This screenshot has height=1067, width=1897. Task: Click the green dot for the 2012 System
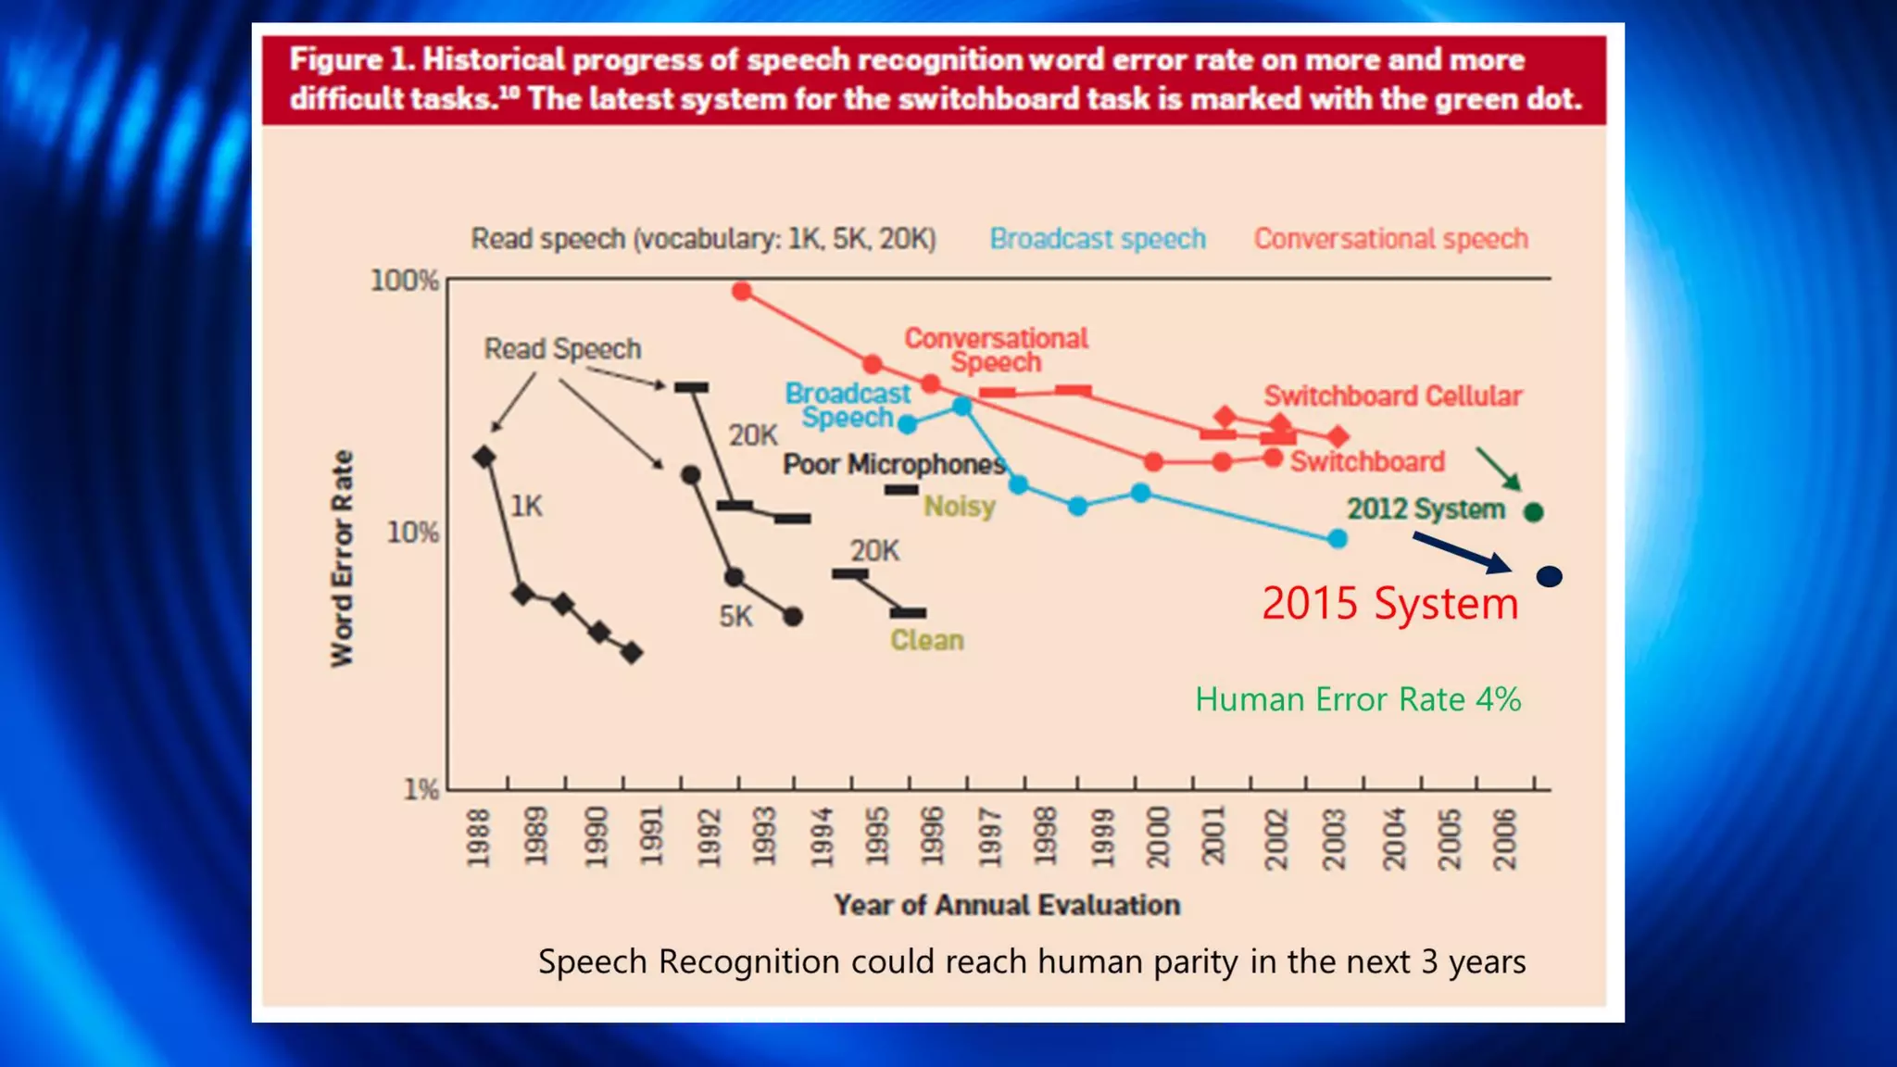tap(1533, 511)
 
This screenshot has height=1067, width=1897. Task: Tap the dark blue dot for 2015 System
tap(1549, 577)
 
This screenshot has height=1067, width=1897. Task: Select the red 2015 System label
tap(1389, 604)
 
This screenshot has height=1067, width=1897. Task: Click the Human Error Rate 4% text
tap(1358, 699)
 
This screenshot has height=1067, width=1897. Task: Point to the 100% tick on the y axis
tap(405, 280)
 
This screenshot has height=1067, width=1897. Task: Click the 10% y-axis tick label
tap(412, 533)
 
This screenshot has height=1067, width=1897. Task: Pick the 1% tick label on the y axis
tap(421, 789)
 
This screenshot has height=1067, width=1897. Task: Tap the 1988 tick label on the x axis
tap(478, 837)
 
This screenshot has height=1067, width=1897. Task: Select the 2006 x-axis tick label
tap(1505, 839)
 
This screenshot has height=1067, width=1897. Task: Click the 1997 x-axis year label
tap(989, 838)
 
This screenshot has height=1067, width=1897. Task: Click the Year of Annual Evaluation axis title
tap(1007, 905)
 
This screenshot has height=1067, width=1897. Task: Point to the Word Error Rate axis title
tap(343, 559)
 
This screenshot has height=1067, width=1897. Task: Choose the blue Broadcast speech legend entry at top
tap(1098, 239)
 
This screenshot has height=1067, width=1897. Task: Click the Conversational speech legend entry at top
tap(1390, 239)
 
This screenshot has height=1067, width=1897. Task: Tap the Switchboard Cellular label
tap(1393, 396)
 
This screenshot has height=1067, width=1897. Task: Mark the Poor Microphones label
tap(894, 464)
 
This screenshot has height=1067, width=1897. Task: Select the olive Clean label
tap(926, 640)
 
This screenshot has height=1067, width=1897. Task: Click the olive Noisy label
tap(960, 507)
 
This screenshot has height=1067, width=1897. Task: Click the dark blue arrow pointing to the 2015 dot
tap(1462, 553)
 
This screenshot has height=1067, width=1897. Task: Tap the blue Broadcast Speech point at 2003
tap(1337, 538)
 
